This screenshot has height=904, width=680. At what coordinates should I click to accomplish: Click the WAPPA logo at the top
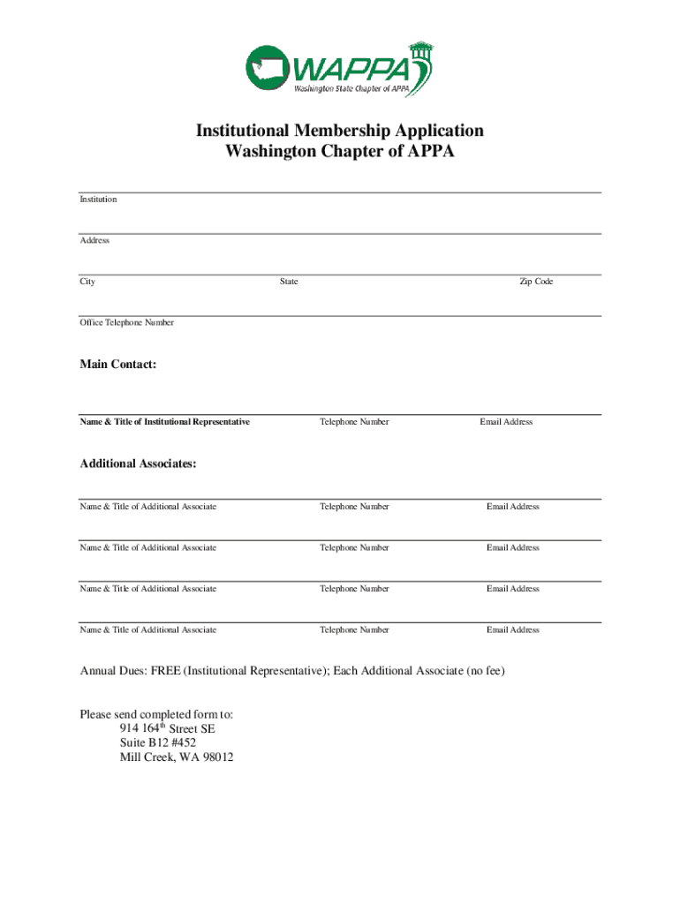(x=340, y=68)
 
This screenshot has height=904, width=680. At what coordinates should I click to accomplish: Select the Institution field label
(x=98, y=200)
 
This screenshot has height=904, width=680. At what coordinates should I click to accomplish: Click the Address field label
(x=94, y=240)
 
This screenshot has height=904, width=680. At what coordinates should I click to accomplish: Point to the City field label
(x=87, y=282)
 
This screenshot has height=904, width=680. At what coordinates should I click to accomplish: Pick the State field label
(x=289, y=282)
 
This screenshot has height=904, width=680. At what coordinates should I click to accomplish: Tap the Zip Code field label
(x=536, y=282)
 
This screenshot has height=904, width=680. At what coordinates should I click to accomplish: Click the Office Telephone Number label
(x=127, y=322)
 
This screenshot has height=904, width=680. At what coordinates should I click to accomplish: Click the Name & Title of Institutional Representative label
(x=165, y=422)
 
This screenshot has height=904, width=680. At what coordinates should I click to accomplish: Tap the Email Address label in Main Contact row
(x=506, y=422)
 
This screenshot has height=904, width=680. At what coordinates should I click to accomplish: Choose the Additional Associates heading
(x=139, y=463)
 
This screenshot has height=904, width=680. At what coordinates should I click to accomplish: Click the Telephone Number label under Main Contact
(x=354, y=422)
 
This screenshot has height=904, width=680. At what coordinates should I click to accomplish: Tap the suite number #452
(x=180, y=743)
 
